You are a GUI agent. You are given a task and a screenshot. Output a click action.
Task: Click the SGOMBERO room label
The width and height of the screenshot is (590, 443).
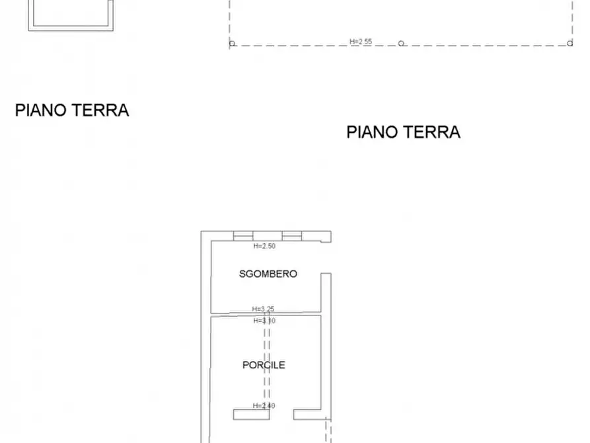tap(268, 274)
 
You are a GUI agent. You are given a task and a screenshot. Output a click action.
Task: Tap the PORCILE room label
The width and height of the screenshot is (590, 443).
tap(264, 364)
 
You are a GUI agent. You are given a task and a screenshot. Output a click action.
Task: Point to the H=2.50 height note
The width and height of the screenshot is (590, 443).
tap(264, 246)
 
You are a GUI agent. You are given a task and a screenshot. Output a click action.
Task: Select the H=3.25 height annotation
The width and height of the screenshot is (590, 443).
tap(264, 309)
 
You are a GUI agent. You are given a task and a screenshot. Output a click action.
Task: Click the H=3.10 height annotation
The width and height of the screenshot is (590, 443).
tap(264, 321)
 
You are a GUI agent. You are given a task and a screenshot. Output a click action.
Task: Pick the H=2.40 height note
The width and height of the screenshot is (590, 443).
tap(264, 406)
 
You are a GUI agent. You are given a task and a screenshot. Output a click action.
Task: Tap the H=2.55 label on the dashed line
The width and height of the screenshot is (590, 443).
tap(361, 42)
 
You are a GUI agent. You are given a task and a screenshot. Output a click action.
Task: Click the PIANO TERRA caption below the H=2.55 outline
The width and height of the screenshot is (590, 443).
tap(403, 132)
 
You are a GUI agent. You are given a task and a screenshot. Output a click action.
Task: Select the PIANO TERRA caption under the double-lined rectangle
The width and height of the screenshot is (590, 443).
tap(71, 110)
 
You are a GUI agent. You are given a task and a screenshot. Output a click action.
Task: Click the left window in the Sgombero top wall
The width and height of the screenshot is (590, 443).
tap(243, 236)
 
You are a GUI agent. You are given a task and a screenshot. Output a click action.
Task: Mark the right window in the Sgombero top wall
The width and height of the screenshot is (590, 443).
tap(291, 236)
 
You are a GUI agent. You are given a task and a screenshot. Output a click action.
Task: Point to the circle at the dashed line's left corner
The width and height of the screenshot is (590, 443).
tap(232, 44)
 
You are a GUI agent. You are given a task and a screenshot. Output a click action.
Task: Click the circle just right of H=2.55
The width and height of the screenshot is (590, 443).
tap(401, 44)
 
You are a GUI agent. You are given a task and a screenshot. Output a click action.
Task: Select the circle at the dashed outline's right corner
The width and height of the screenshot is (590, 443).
tap(570, 44)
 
